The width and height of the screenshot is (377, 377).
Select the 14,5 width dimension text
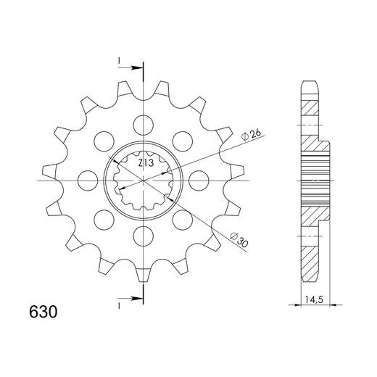pos(313,297)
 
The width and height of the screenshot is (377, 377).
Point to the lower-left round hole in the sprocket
pos(103,219)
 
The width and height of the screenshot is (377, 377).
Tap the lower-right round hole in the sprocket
pos(183,219)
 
